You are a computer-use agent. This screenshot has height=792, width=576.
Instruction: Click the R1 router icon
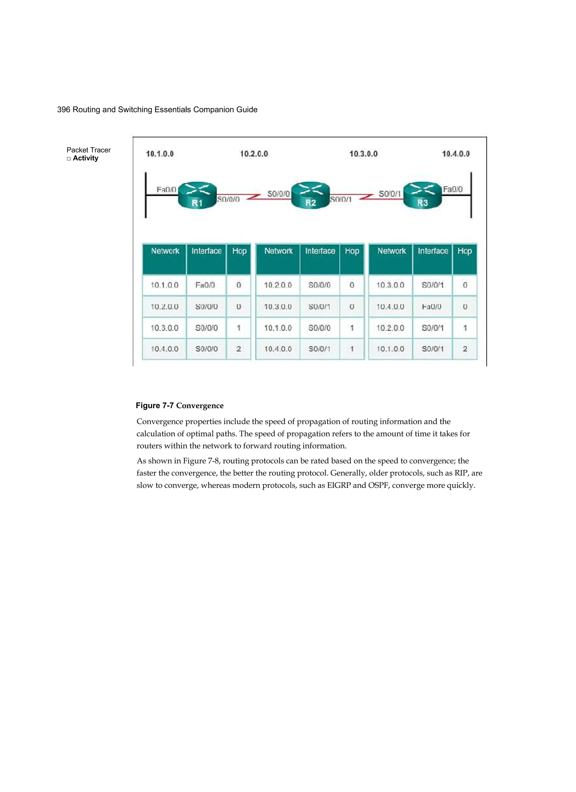(x=197, y=195)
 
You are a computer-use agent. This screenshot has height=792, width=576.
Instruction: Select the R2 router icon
(x=310, y=195)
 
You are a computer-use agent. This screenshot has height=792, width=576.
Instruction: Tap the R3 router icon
(x=422, y=195)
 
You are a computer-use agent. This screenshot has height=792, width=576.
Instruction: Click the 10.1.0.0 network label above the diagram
(x=160, y=154)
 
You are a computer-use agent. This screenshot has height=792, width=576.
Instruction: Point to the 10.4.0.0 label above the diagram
(x=456, y=154)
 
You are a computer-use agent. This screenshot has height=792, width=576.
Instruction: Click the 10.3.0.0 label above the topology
(x=363, y=154)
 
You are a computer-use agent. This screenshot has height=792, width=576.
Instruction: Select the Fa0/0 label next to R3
(x=453, y=189)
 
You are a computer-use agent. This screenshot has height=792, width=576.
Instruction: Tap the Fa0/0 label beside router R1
(x=166, y=190)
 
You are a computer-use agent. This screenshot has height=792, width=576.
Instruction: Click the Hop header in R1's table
(x=239, y=251)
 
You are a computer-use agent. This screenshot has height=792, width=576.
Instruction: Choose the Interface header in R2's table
(x=320, y=251)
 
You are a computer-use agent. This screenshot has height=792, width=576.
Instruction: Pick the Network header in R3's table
(x=391, y=251)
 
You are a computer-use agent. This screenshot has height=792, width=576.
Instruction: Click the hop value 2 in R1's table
(x=239, y=349)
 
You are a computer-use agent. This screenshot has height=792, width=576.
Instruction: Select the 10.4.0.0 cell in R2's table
(x=278, y=349)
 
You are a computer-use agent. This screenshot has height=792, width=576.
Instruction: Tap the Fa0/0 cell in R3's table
(x=432, y=307)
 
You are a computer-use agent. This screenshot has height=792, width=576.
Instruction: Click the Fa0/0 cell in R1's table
(x=205, y=285)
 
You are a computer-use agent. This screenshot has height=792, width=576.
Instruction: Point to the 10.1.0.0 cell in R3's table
(x=390, y=349)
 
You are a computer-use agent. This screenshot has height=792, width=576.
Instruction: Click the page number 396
(x=64, y=110)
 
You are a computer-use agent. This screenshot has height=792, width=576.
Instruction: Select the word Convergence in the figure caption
(x=200, y=406)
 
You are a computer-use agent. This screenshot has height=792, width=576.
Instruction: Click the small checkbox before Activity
(x=69, y=159)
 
